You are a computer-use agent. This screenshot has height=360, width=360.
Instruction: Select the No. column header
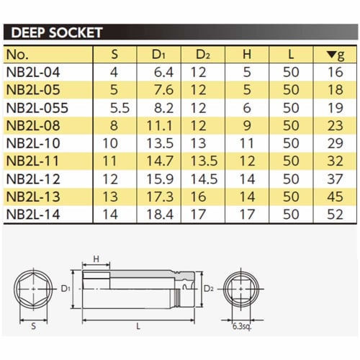pyautogui.click(x=18, y=55)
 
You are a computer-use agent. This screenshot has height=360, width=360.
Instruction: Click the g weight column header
pyautogui.click(x=335, y=55)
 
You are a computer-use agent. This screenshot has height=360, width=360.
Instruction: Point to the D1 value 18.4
pyautogui.click(x=161, y=214)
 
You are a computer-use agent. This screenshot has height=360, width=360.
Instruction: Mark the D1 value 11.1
pyautogui.click(x=161, y=125)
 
